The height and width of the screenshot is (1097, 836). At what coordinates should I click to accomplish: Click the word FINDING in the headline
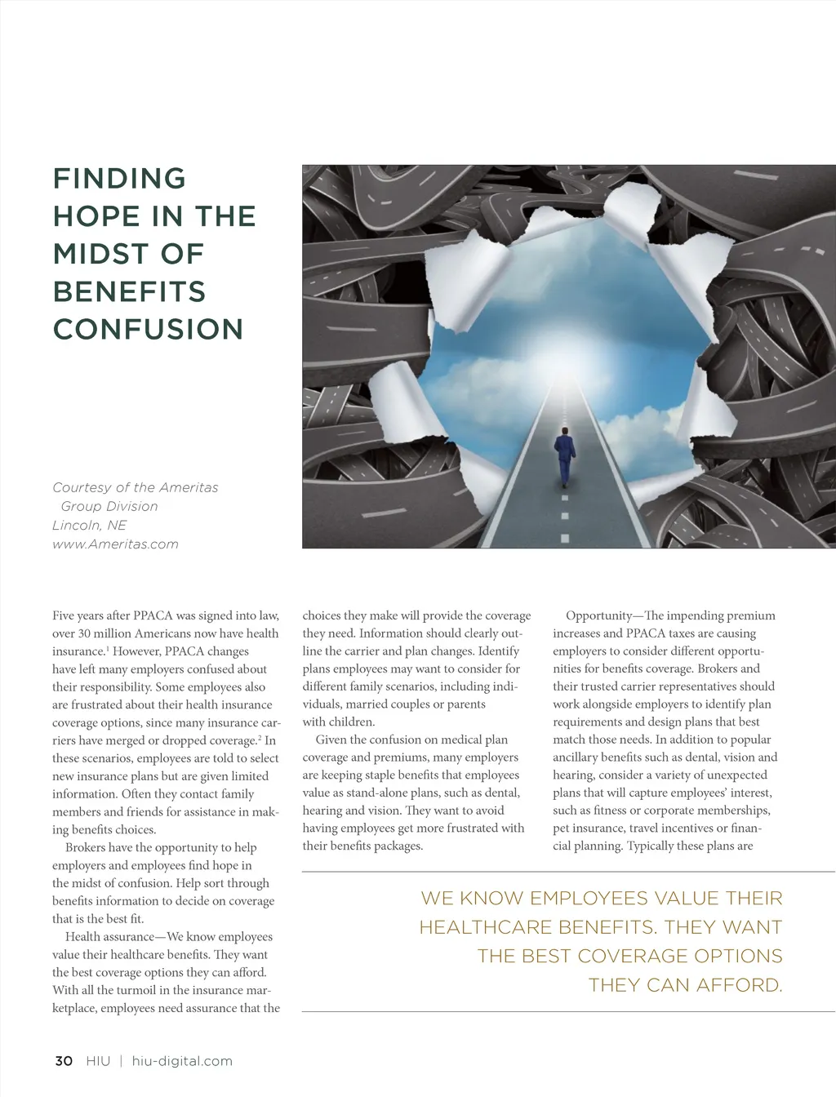click(119, 178)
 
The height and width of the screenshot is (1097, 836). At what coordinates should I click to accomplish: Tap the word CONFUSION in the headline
click(148, 329)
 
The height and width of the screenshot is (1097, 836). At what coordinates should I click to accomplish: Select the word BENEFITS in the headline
click(129, 291)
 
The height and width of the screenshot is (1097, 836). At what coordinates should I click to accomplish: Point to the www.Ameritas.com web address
click(115, 544)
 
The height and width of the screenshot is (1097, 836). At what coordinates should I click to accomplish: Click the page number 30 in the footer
click(64, 1061)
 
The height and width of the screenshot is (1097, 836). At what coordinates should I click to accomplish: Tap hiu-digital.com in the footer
click(182, 1061)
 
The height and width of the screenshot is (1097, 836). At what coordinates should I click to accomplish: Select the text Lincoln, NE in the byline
click(89, 526)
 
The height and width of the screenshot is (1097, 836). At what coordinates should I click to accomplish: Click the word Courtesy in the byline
click(82, 487)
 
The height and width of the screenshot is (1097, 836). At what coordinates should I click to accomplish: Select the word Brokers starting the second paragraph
click(87, 847)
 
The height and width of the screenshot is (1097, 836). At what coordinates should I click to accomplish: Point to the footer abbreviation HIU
click(98, 1061)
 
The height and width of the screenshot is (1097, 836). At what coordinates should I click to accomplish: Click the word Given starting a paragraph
click(331, 739)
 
